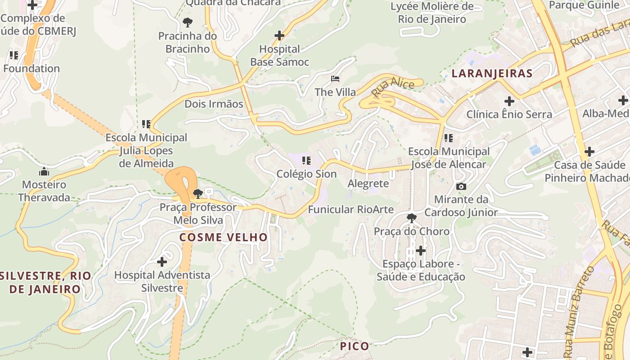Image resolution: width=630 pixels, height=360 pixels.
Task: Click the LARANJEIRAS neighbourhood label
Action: [x=492, y=73]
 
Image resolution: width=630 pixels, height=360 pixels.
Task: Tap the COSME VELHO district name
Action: [x=224, y=237]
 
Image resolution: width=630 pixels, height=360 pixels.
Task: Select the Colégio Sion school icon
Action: [x=306, y=161]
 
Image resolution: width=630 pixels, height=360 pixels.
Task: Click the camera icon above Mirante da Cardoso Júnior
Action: [x=461, y=186]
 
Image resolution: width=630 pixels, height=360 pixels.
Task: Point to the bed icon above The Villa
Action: [x=335, y=79]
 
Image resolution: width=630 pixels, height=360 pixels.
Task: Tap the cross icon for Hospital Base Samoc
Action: [x=279, y=36]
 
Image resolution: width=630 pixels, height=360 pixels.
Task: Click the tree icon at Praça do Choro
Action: [x=411, y=219]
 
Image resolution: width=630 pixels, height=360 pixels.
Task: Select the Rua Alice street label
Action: [x=387, y=86]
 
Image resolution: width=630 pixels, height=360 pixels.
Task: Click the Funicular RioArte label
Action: [x=351, y=209]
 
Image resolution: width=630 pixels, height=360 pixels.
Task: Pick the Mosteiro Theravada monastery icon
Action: [x=44, y=171]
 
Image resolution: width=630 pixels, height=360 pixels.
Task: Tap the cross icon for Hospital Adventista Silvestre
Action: [x=162, y=261]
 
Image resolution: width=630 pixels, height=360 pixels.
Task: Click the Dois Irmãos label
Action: [x=214, y=104]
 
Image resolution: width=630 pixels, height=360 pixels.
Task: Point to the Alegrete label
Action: [x=368, y=184]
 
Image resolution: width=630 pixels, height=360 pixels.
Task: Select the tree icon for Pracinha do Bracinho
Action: [x=188, y=22]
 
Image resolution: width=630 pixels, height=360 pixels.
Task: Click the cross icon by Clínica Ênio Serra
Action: [x=509, y=101]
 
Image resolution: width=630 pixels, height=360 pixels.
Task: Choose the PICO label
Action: [x=354, y=346]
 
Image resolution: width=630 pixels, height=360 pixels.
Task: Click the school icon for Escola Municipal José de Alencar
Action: [x=448, y=138]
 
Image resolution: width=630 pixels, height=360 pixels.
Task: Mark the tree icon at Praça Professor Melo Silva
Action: [x=198, y=194]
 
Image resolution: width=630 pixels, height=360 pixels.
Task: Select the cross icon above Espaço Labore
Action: [x=421, y=250]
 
